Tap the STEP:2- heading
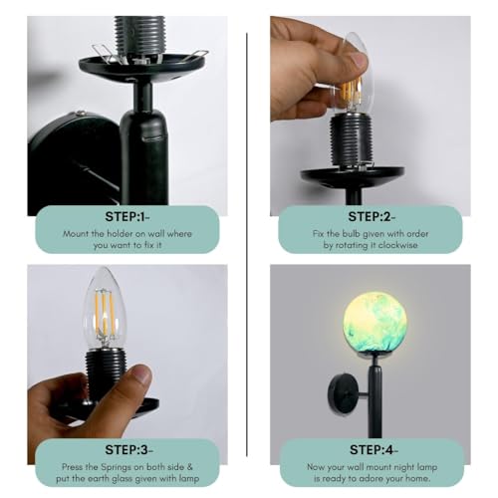(x=370, y=215)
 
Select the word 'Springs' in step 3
(x=127, y=463)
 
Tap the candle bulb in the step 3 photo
(x=105, y=309)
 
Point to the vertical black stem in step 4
(x=374, y=398)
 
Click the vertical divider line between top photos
(x=248, y=120)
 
